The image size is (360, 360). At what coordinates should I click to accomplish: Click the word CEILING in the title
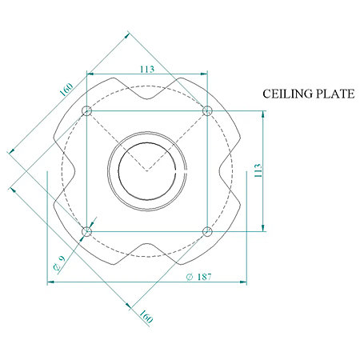[287, 94]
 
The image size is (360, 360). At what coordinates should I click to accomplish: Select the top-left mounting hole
[86, 110]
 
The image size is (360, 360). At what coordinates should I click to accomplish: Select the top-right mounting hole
[207, 110]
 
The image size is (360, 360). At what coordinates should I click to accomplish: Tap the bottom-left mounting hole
[86, 231]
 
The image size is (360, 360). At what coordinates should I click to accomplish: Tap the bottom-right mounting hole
[207, 231]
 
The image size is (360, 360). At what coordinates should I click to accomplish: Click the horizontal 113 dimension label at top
[147, 70]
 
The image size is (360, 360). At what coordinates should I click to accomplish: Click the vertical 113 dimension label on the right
[258, 170]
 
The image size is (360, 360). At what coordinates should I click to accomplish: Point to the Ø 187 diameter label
[198, 277]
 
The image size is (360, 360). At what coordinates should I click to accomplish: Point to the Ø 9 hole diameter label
[59, 263]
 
